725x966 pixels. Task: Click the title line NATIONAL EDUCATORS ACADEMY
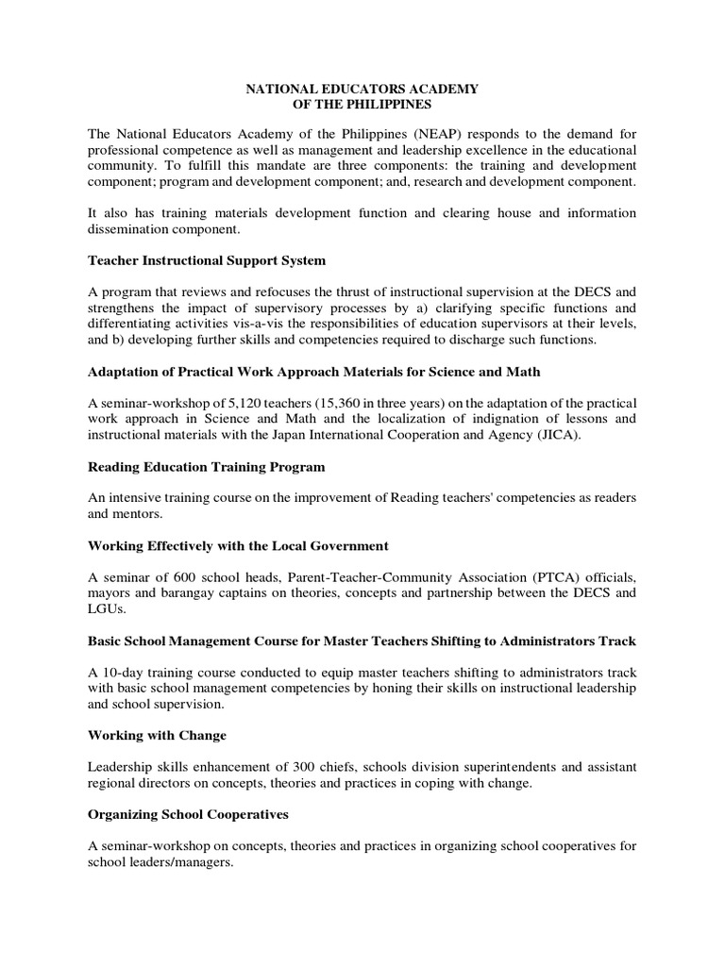click(x=362, y=89)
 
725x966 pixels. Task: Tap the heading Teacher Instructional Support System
click(x=208, y=258)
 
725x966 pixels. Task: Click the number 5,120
click(x=241, y=402)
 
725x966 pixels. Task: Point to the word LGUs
click(x=106, y=609)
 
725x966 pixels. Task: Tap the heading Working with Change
click(x=157, y=734)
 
